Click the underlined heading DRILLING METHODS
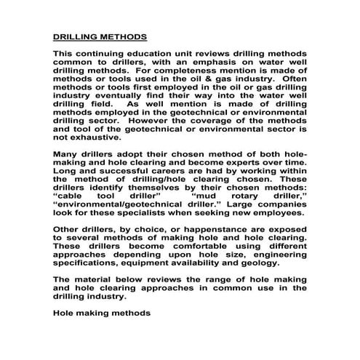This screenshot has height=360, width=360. pos(100,36)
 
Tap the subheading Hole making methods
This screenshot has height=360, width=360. pos(102,313)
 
